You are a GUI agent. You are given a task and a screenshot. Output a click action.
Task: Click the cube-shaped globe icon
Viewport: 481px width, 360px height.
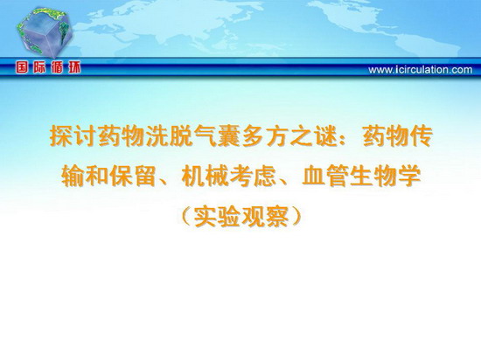pos(45,33)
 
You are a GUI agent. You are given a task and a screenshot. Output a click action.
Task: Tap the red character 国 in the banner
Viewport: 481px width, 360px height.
pos(22,67)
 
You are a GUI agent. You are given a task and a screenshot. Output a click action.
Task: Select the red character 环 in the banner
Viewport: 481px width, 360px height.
pos(74,67)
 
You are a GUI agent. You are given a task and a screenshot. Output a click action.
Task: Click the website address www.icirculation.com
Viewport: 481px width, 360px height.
pos(421,70)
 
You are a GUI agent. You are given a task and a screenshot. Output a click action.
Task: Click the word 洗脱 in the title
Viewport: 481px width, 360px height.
pos(170,136)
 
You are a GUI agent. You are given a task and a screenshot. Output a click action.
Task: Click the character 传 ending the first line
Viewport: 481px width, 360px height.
pos(422,136)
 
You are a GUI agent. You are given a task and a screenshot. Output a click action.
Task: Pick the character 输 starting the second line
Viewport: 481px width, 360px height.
pos(73,177)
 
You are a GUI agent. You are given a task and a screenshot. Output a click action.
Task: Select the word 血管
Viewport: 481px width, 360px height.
pos(325,177)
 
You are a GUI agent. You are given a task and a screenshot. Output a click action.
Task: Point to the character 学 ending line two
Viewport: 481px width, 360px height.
pos(410,177)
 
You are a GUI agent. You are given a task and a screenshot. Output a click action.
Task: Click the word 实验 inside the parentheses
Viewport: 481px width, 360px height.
pos(218,217)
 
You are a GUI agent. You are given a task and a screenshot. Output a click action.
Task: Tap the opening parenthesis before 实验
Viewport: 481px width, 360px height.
pos(186,217)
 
